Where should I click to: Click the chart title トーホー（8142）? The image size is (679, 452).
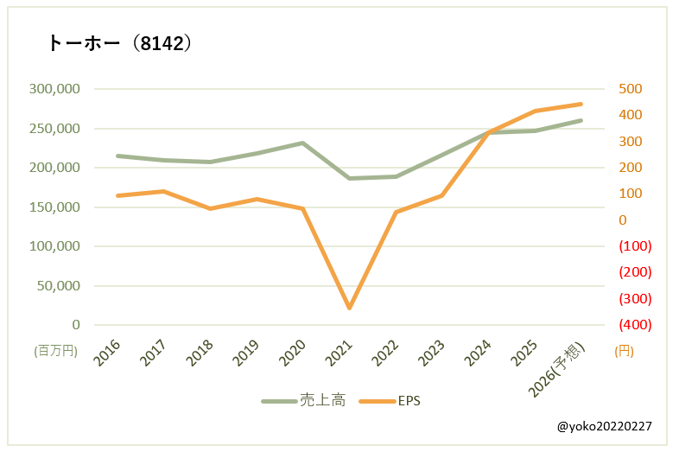[x=119, y=44]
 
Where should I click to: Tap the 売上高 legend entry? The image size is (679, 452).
[x=304, y=401]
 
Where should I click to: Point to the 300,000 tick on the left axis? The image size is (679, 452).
[x=54, y=89]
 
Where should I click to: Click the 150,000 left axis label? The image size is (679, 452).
[x=54, y=207]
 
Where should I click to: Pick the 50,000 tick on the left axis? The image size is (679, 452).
[x=58, y=286]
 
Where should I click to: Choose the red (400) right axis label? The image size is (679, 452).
[x=635, y=325]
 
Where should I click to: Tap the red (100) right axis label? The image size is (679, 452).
[x=635, y=246]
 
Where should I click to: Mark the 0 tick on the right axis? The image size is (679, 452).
[x=622, y=220]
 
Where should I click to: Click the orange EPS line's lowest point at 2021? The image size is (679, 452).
[x=349, y=308]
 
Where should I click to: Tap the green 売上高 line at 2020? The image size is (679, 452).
[x=302, y=143]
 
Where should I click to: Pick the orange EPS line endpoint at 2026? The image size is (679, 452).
[x=581, y=104]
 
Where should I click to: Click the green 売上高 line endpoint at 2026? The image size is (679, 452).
[x=581, y=120]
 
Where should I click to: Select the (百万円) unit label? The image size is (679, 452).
[x=56, y=351]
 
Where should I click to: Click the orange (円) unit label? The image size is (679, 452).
[x=624, y=351]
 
